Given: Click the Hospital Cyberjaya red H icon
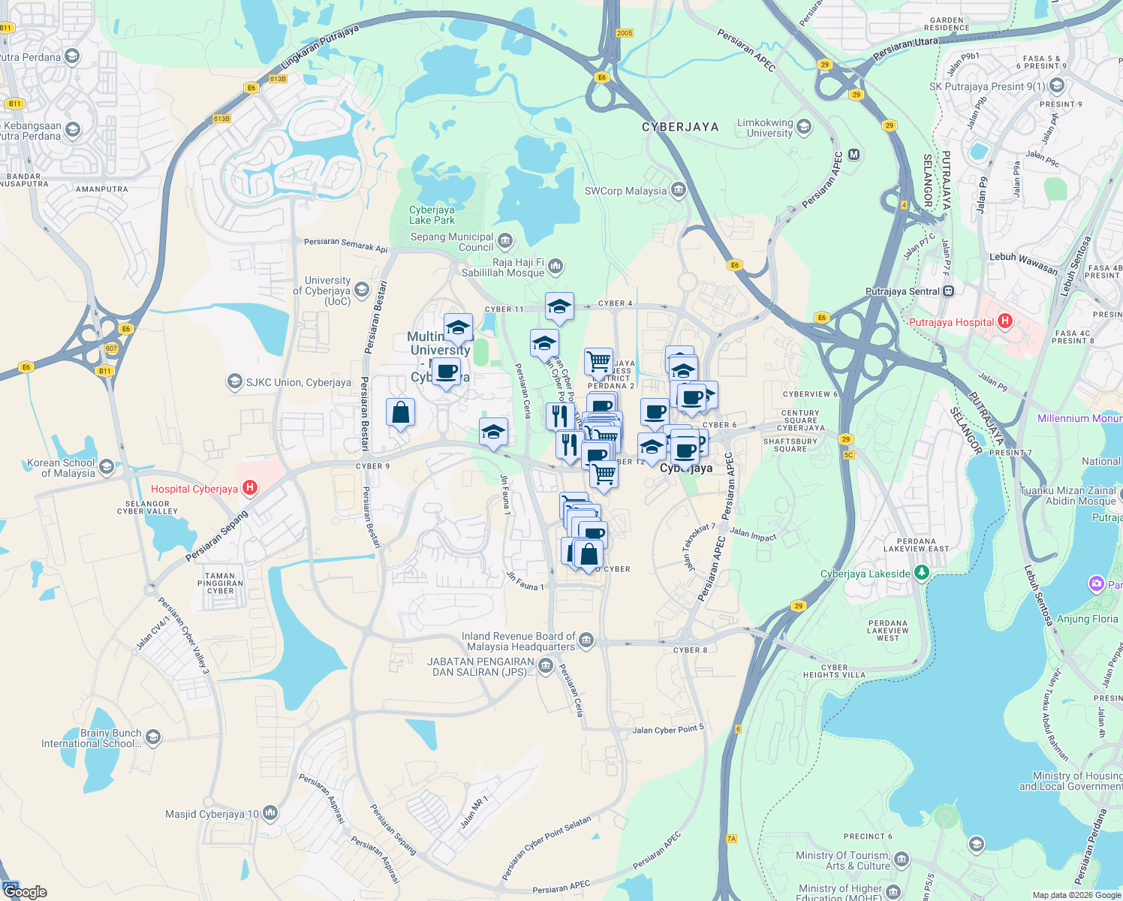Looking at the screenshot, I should tap(250, 488).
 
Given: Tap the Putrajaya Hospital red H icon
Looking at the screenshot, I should tap(1005, 321).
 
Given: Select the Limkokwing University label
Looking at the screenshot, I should tap(765, 128).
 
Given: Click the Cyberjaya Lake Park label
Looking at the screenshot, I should tap(432, 215).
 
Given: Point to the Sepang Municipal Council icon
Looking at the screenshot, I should tap(505, 241).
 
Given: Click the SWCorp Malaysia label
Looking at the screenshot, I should tap(625, 191).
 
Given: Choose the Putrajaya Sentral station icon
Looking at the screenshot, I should tap(949, 291).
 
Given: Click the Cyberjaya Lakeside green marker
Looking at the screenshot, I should tap(922, 574).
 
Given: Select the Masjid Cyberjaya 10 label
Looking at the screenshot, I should tap(212, 814).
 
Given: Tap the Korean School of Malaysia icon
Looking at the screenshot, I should tap(106, 467).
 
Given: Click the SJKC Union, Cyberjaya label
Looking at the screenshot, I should tap(298, 382).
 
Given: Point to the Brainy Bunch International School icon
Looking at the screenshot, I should tap(153, 737).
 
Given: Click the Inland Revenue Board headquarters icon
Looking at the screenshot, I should tap(587, 640).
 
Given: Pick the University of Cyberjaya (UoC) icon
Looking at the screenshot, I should tap(362, 290).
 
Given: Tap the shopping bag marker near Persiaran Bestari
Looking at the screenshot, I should tap(401, 412).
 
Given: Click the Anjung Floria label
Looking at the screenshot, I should tap(1087, 619).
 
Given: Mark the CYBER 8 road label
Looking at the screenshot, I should tap(690, 650).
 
